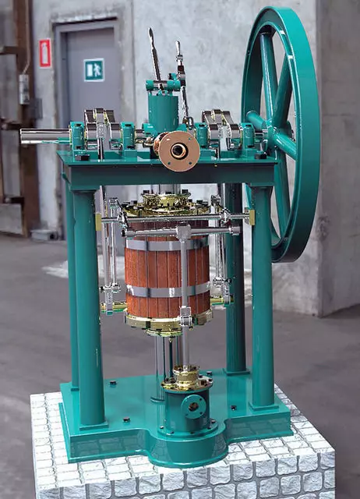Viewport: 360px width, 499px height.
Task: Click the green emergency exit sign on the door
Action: point(94,70)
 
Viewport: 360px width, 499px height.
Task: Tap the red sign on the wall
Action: point(45,53)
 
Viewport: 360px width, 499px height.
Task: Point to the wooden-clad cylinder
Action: point(166,265)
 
